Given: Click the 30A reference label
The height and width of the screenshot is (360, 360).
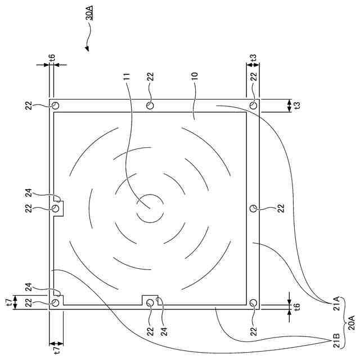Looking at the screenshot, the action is pos(90,12).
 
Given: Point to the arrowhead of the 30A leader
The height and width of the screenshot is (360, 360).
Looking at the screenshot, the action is pos(87,48).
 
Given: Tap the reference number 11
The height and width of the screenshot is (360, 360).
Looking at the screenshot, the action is pos(127,76).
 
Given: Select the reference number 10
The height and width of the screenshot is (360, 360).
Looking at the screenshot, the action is pos(194,76).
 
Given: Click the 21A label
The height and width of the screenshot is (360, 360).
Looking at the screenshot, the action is pos(336,303).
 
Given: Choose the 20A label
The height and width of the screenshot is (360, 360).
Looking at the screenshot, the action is pos(352,323).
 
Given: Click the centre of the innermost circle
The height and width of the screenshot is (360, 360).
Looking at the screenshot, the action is pos(150,209).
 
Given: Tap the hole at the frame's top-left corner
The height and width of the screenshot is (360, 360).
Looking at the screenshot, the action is pos(55,106).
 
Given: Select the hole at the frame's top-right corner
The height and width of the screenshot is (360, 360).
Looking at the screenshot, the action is pos(254,106).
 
